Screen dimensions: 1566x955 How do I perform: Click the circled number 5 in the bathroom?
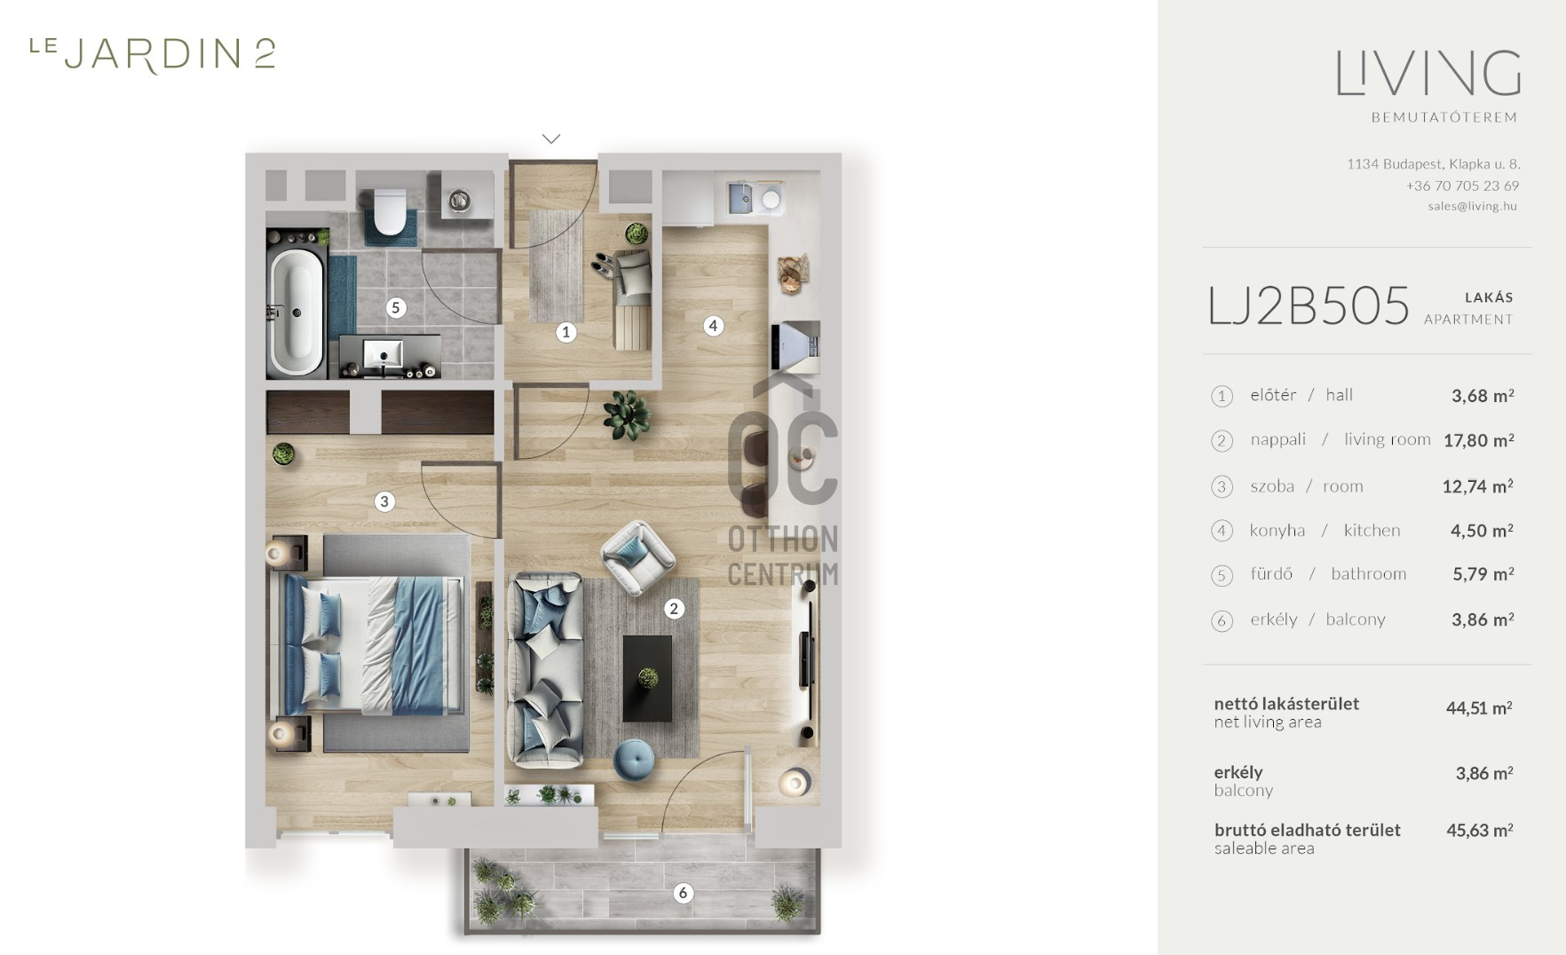396,308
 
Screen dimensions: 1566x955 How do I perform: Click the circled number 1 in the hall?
565,332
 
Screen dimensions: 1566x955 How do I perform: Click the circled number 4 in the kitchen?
713,326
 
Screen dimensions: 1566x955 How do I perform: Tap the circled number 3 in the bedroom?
384,501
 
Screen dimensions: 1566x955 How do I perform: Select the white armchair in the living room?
637,557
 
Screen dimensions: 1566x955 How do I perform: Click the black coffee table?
648,678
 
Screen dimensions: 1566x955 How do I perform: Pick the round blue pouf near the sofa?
634,759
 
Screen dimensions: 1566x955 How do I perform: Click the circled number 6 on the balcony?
683,893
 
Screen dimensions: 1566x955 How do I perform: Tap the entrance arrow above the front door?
551,138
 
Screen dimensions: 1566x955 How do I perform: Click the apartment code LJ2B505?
1309,306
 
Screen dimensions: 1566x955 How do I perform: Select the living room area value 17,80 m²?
1478,440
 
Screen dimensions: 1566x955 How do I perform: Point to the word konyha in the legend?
1277,531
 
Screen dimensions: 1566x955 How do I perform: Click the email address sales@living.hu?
1473,206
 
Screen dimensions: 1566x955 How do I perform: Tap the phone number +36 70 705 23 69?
1462,185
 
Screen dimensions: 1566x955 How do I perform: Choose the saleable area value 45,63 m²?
1480,831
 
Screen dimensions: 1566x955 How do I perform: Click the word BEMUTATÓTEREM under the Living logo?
1444,117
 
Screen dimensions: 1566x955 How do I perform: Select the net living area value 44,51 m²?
1479,708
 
